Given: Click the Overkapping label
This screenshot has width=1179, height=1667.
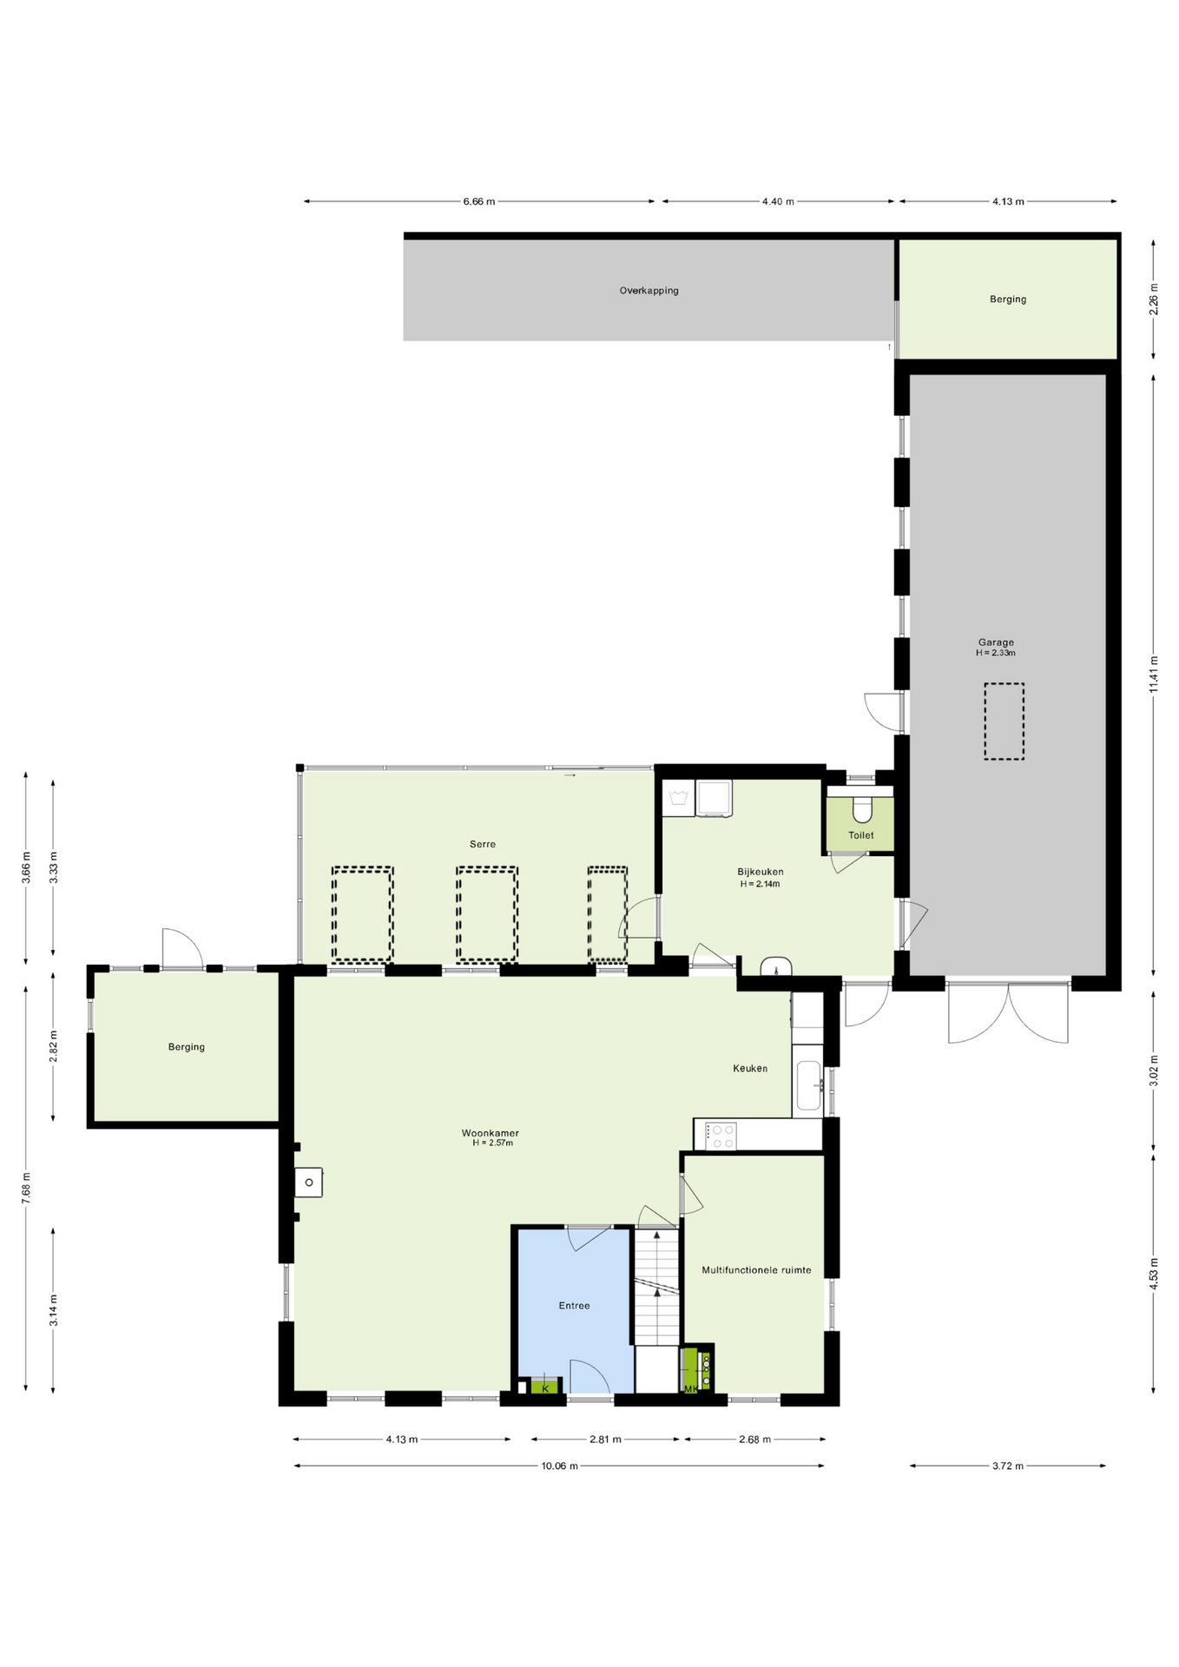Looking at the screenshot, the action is coord(649,291).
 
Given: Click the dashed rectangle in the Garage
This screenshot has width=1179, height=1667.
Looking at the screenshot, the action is coord(1004,721).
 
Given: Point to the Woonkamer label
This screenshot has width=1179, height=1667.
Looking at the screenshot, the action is coord(491,1133).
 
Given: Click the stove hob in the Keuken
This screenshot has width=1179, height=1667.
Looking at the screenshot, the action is coord(721,1136).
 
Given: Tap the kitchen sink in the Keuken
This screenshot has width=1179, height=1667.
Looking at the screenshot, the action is coord(808,1085).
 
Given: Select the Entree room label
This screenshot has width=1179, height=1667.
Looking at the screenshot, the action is coord(574,1306).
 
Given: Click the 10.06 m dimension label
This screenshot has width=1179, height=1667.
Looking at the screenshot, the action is coord(559,1466).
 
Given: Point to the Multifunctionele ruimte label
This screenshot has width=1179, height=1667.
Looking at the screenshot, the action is coord(756,1270).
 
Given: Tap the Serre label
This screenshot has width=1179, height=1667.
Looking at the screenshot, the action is coord(483,844).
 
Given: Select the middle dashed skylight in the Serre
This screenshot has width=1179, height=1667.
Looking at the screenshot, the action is coord(487,914).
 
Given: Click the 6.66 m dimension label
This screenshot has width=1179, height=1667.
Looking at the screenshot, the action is coord(479,201).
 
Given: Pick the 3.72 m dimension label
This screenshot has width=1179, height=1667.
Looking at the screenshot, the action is coord(1008,1466).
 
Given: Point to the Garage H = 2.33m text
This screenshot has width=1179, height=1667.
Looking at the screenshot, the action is coord(996,653).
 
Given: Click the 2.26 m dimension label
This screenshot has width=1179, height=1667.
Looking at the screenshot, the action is coord(1154,300).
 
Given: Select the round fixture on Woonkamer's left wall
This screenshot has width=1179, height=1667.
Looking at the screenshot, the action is coord(309,1183).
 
